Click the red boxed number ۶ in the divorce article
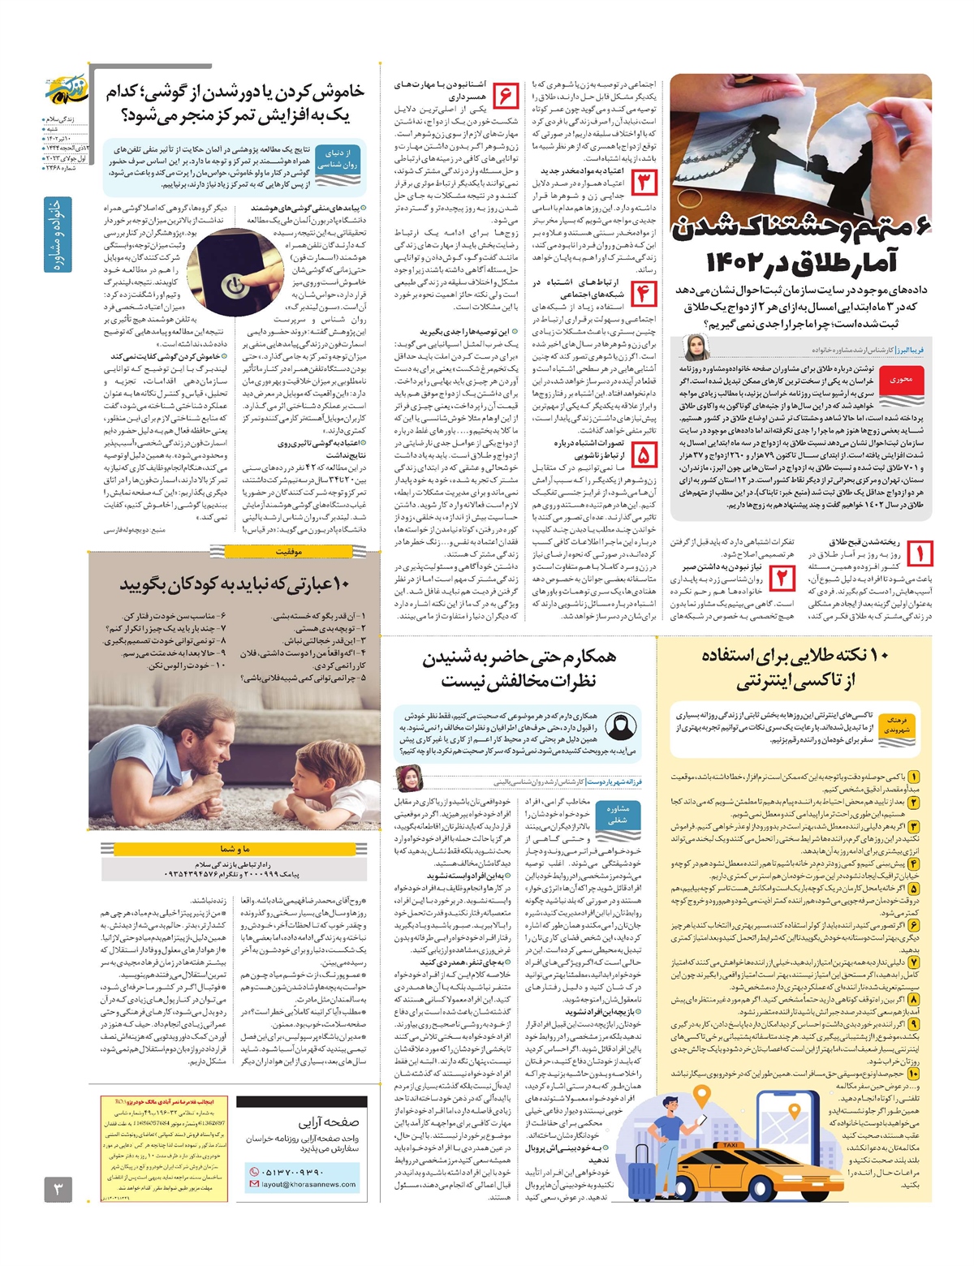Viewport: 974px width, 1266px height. [505, 95]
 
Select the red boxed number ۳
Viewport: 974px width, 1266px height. [644, 183]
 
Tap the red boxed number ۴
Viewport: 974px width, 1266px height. [644, 292]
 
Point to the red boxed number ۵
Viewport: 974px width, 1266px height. [644, 454]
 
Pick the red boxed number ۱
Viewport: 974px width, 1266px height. [920, 553]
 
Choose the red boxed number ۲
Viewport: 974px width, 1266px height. [782, 577]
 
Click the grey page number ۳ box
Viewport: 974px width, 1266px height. [58, 1191]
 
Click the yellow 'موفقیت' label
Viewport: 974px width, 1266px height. [288, 551]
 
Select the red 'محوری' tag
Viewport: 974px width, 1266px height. [901, 380]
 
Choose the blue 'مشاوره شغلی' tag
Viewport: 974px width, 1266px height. [618, 814]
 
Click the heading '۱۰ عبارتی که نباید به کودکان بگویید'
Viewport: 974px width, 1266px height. [235, 584]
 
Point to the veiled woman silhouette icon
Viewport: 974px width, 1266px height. [621, 726]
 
